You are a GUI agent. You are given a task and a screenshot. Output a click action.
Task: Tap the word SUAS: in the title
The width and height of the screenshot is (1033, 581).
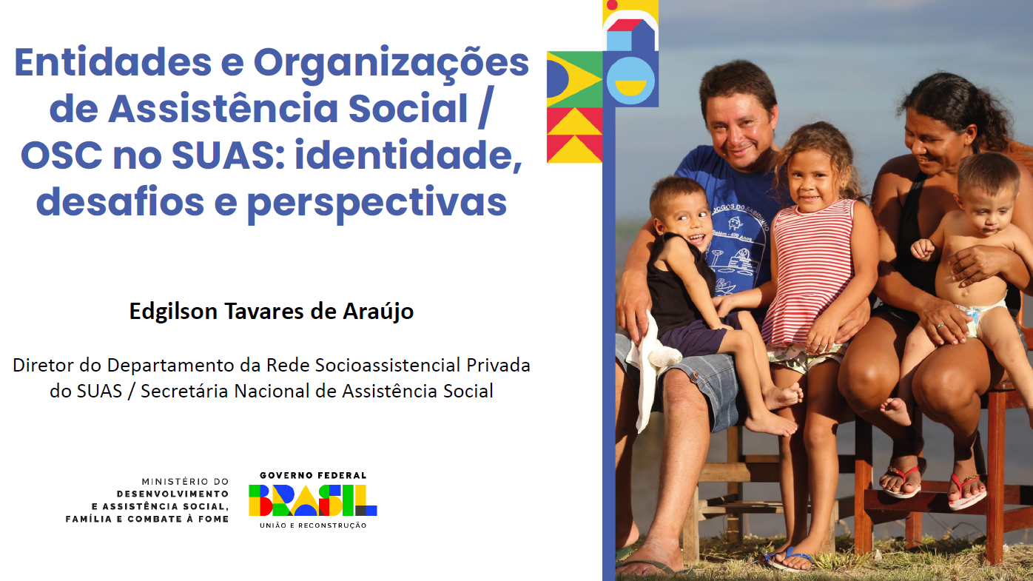tap(228, 155)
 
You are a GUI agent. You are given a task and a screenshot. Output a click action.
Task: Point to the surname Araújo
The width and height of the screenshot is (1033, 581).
tap(378, 312)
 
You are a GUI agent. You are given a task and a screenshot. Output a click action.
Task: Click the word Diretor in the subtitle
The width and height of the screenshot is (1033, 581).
tap(43, 365)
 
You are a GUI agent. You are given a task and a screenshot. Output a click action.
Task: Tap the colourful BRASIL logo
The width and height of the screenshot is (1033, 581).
tap(313, 500)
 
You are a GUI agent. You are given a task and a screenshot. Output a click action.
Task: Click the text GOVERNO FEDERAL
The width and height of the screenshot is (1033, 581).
tap(313, 475)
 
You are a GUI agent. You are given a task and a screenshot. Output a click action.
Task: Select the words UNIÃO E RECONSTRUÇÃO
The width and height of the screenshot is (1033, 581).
tap(313, 525)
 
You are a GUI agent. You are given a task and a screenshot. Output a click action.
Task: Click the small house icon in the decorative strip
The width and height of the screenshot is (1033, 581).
tap(630, 35)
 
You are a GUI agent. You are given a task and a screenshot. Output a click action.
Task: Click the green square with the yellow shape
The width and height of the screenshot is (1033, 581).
tap(575, 79)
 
